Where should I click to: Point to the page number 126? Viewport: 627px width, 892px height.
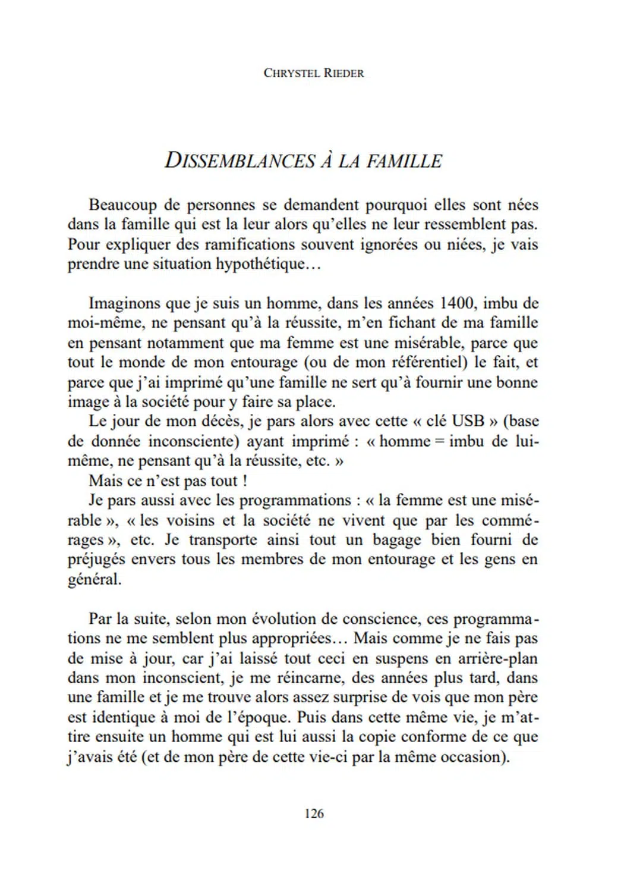pyautogui.click(x=313, y=814)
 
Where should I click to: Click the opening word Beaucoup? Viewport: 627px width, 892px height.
pyautogui.click(x=123, y=205)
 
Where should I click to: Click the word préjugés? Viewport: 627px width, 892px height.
pyautogui.click(x=96, y=560)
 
